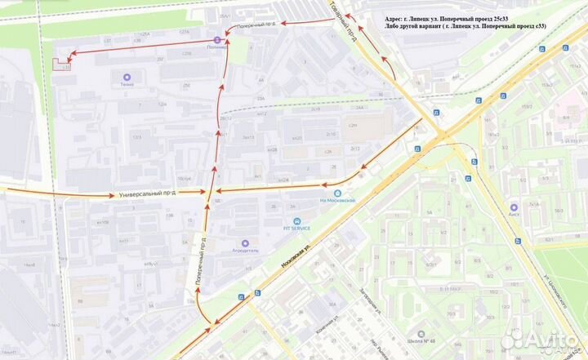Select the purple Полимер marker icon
coord(217,38)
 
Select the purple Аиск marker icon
coord(514,207)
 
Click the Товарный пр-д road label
coord(353,24)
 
